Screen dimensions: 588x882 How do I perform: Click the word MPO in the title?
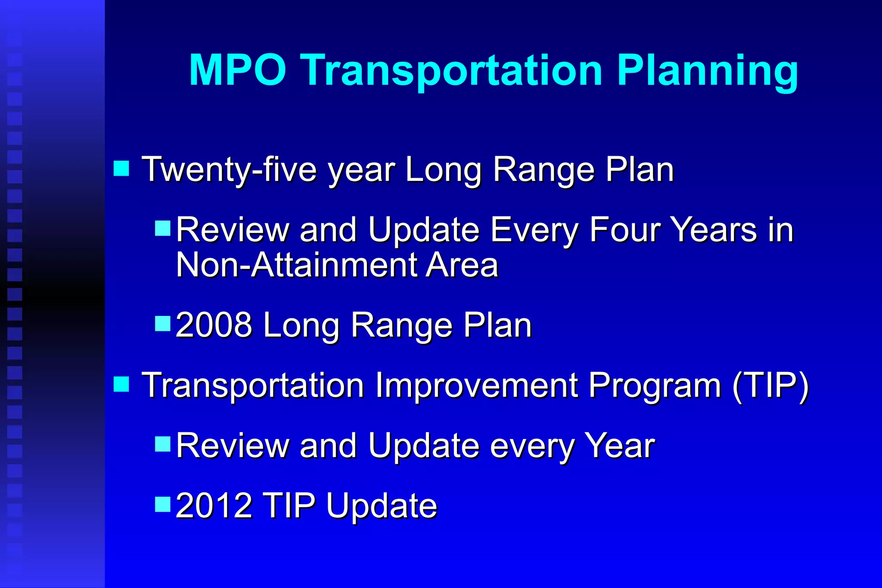[237, 70]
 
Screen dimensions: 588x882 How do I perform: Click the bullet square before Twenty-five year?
[121, 168]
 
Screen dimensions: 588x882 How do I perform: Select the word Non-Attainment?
[297, 265]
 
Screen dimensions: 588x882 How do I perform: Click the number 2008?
[214, 325]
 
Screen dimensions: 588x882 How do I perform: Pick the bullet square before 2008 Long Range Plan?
[163, 323]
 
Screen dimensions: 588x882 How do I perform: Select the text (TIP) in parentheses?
[770, 385]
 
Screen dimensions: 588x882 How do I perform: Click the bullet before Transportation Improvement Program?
[121, 384]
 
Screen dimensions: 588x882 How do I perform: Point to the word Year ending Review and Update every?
[619, 446]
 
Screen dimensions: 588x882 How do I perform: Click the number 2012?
[214, 505]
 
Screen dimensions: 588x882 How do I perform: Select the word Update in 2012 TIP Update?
[381, 506]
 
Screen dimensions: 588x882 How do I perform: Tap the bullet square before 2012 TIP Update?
[163, 503]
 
